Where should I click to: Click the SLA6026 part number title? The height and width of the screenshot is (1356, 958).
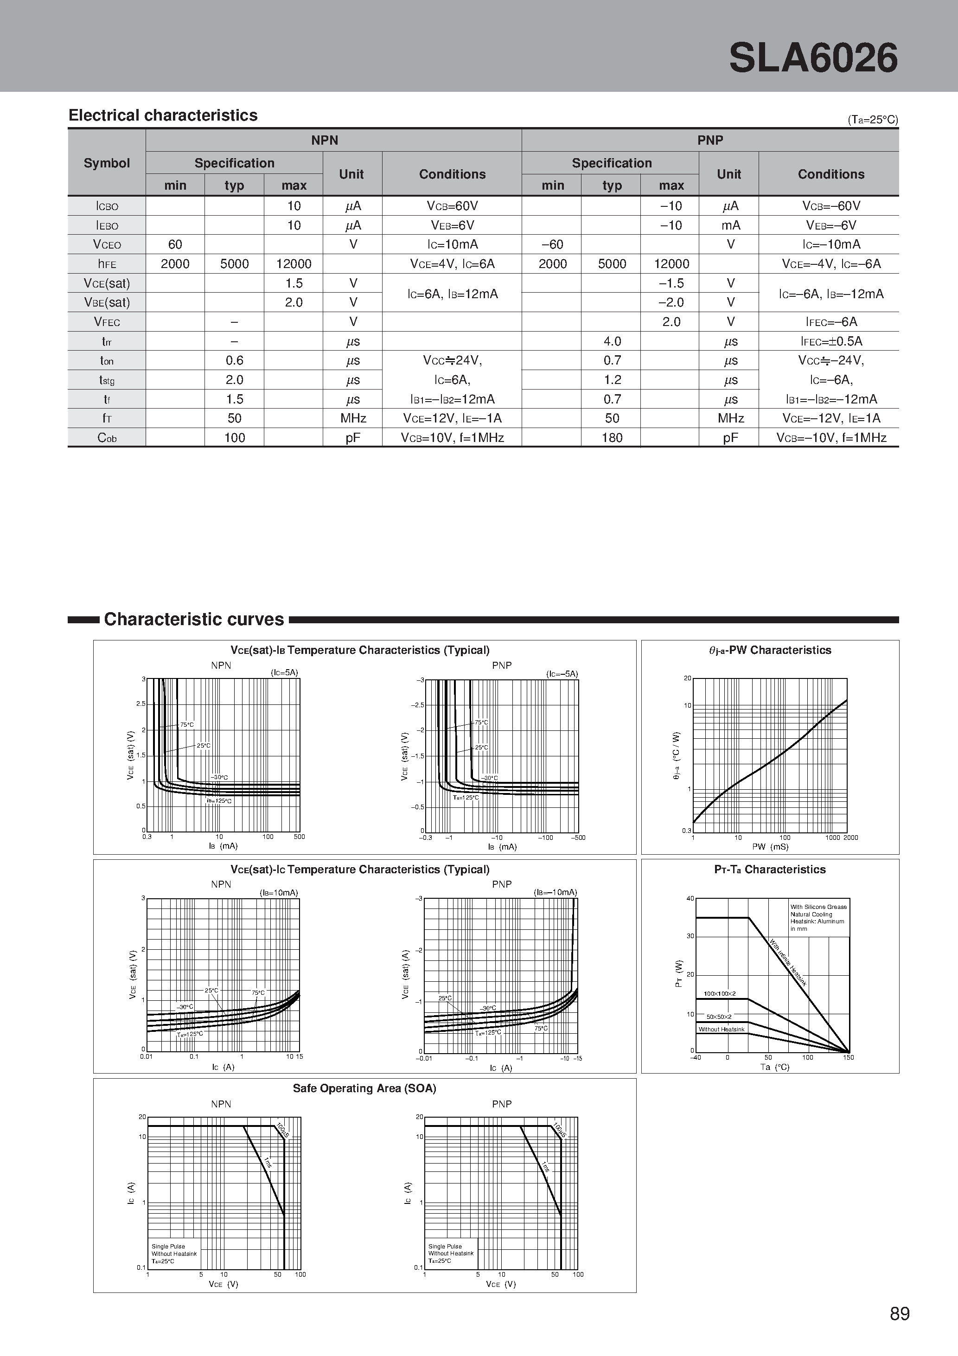tap(813, 58)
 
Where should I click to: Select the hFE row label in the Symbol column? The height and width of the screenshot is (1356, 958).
tap(107, 264)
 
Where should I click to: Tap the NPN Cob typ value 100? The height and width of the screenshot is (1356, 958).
tap(235, 438)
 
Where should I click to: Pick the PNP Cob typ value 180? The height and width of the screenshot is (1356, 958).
tap(612, 438)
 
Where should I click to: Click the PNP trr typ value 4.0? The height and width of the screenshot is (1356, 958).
tap(612, 341)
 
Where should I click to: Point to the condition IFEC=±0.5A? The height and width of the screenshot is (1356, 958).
tap(831, 341)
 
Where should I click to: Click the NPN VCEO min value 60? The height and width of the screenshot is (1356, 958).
tap(175, 244)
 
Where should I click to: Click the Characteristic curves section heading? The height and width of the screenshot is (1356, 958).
tap(194, 619)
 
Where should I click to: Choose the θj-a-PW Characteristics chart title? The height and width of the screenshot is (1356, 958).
tap(770, 650)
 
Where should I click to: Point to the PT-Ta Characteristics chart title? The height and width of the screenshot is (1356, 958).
tap(770, 870)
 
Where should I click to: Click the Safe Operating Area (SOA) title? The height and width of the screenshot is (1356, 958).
tap(364, 1088)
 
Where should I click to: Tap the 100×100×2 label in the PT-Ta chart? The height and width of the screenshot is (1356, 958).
tap(719, 994)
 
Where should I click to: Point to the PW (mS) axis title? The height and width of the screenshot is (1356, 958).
tap(770, 846)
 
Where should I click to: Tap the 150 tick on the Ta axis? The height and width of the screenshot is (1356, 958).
tap(848, 1057)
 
